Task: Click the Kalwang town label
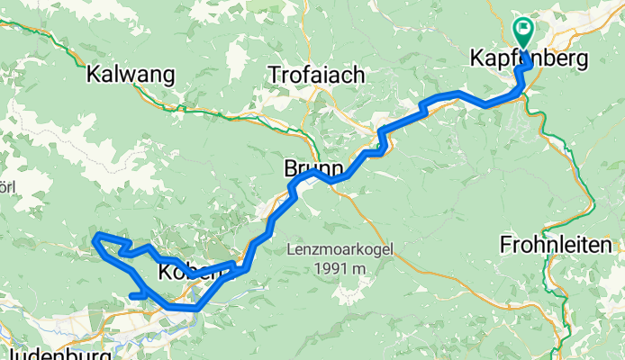pyautogui.click(x=130, y=75)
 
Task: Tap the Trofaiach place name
pyautogui.click(x=316, y=76)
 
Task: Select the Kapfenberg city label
pyautogui.click(x=528, y=59)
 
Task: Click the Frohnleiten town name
pyautogui.click(x=560, y=244)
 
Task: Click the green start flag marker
pyautogui.click(x=523, y=30)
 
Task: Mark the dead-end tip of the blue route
pyautogui.click(x=132, y=295)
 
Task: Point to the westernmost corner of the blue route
pyautogui.click(x=96, y=238)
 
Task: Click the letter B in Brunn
pyautogui.click(x=290, y=168)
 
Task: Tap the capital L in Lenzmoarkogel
pyautogui.click(x=293, y=248)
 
